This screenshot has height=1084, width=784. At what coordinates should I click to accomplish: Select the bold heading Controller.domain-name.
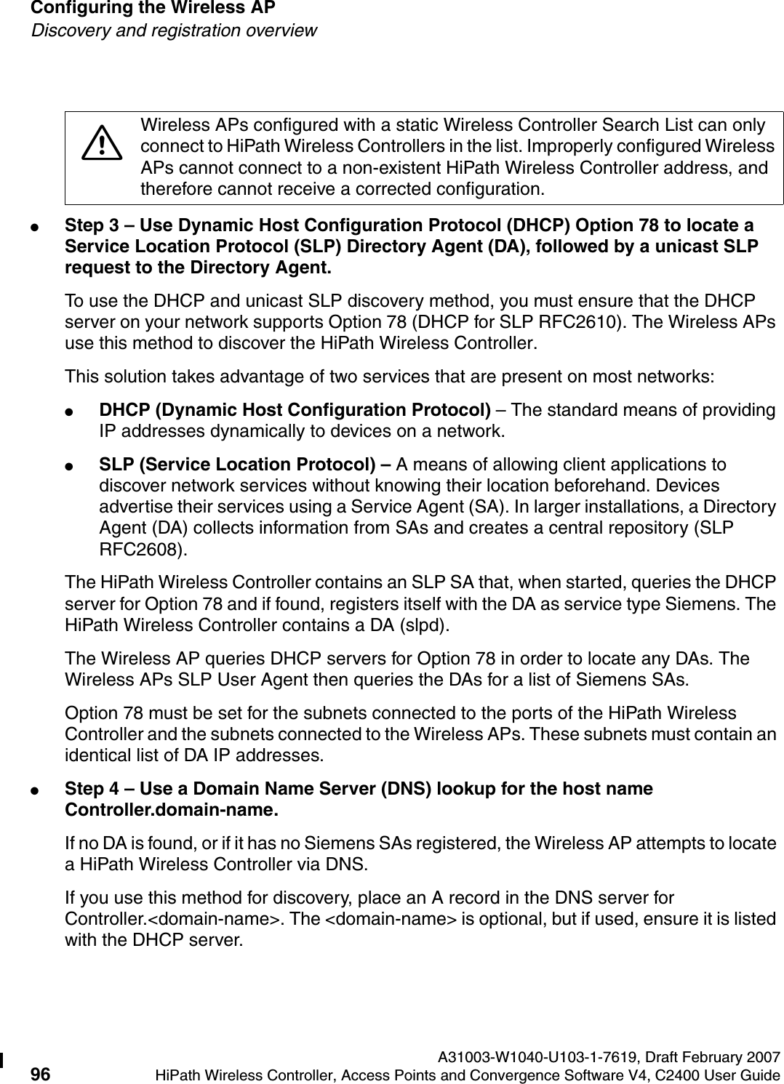170,809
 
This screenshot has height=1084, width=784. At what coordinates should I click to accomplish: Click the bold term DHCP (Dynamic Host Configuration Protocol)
294,410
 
